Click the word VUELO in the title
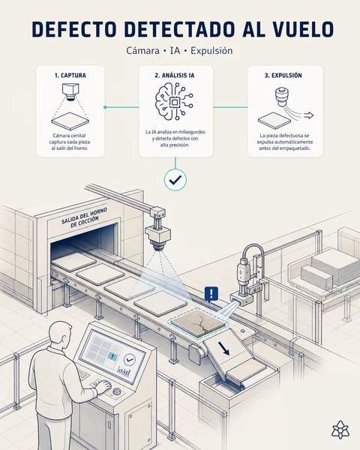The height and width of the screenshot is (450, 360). point(303,29)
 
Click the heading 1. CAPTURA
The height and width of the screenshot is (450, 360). point(70,75)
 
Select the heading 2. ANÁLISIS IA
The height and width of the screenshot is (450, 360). point(175,75)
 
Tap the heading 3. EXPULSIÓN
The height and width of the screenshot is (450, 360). point(283,75)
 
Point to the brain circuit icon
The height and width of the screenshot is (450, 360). point(174,101)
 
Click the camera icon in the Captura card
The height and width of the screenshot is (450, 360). point(70,91)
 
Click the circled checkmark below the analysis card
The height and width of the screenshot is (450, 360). point(175,180)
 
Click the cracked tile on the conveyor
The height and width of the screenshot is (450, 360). point(199,322)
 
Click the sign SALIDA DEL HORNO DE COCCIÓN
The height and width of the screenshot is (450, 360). point(85,217)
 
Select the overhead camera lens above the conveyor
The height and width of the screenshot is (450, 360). point(159,246)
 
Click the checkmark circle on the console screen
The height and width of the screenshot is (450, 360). point(130,359)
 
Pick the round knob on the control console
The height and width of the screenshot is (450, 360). point(116,391)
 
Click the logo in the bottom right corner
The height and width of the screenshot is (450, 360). point(340,430)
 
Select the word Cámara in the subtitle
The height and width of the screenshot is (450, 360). point(142,51)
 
